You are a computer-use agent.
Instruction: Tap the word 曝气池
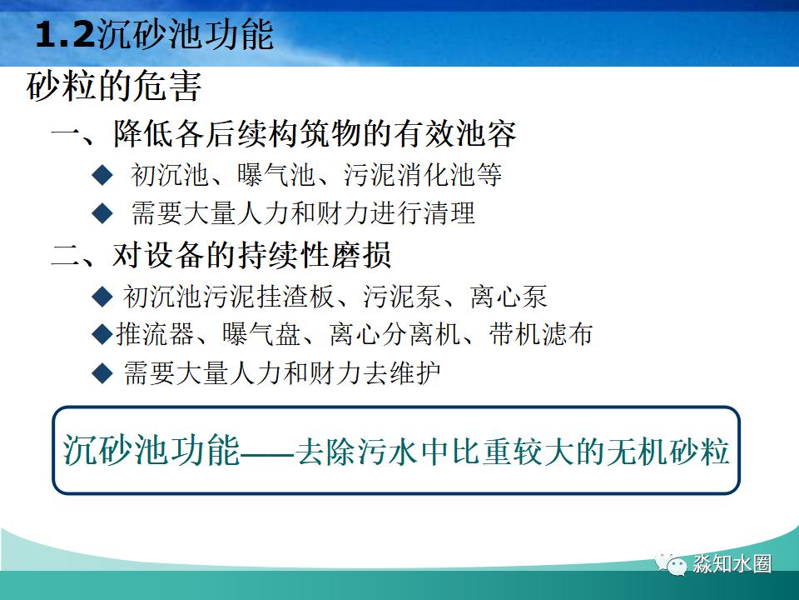(x=264, y=175)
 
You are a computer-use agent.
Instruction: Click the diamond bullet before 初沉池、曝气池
(x=102, y=175)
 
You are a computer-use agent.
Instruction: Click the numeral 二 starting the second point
(x=64, y=255)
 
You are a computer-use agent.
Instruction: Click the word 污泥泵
(x=396, y=296)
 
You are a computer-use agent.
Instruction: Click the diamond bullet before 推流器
(x=102, y=334)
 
